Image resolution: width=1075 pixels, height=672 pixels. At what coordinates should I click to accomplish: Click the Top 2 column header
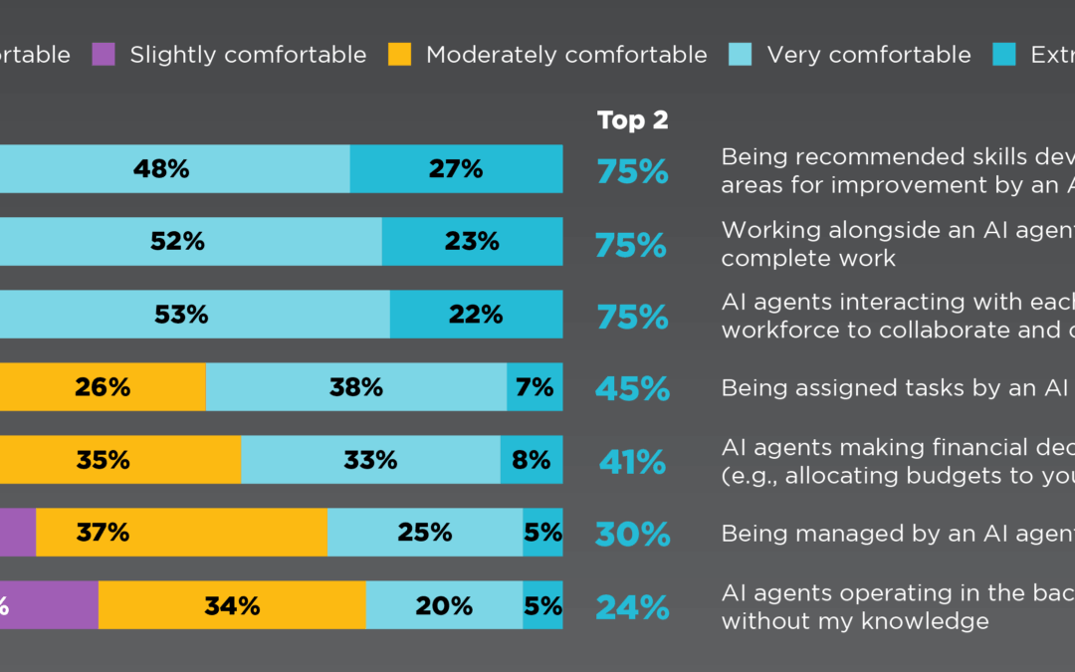pyautogui.click(x=632, y=120)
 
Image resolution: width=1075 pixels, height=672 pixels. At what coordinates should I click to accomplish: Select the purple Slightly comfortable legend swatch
pyautogui.click(x=104, y=54)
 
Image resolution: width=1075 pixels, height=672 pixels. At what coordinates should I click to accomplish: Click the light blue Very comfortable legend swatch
pyautogui.click(x=741, y=54)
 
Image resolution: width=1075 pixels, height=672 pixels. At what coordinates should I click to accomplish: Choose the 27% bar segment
pyautogui.click(x=456, y=168)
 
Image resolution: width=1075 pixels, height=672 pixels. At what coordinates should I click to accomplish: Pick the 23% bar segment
pyautogui.click(x=472, y=241)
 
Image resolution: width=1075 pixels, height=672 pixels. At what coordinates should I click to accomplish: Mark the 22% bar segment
pyautogui.click(x=476, y=315)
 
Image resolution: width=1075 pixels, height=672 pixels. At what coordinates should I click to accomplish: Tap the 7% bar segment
pyautogui.click(x=535, y=387)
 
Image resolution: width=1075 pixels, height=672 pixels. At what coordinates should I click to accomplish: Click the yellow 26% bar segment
pyautogui.click(x=103, y=387)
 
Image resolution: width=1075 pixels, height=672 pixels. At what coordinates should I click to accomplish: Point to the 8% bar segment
pyautogui.click(x=532, y=460)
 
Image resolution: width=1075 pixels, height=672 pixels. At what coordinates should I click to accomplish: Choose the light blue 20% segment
pyautogui.click(x=444, y=605)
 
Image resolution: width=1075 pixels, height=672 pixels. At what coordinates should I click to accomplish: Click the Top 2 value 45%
pyautogui.click(x=632, y=388)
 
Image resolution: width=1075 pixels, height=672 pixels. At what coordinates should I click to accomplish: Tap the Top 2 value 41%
pyautogui.click(x=632, y=461)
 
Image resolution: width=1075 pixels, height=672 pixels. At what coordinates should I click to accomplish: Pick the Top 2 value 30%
pyautogui.click(x=632, y=534)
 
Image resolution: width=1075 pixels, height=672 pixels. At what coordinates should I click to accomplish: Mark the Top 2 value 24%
pyautogui.click(x=632, y=606)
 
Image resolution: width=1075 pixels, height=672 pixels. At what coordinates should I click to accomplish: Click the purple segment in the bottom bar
pyautogui.click(x=50, y=605)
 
